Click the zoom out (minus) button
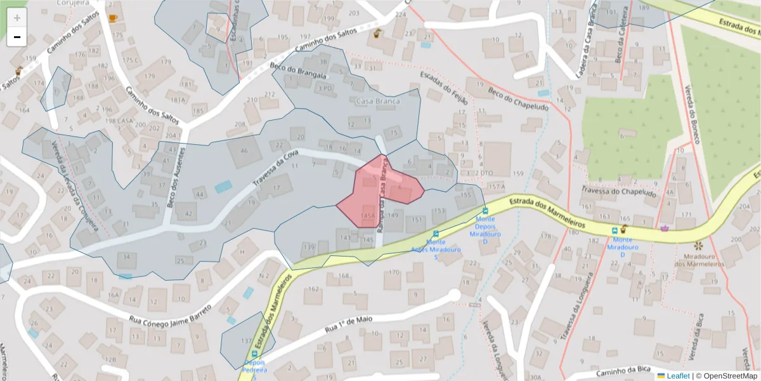(17, 37)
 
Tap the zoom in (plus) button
(17, 18)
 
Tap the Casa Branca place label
(378, 102)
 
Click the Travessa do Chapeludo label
(618, 191)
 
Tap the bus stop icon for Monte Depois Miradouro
(485, 211)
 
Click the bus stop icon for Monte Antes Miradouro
(435, 234)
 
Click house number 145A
(367, 217)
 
